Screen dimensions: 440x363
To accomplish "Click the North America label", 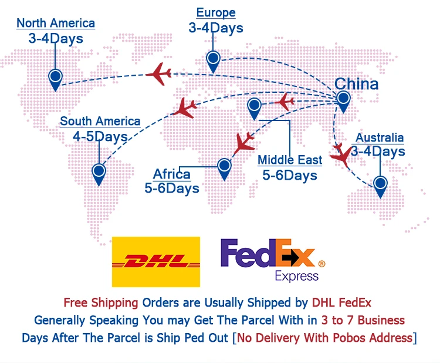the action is [x=56, y=23].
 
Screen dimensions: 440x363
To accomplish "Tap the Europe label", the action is [x=216, y=12].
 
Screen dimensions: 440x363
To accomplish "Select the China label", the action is [x=356, y=83].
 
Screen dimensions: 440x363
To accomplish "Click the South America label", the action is [x=100, y=122].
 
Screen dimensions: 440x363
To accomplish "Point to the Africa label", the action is [x=171, y=174].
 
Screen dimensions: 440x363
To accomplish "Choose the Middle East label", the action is [x=290, y=160].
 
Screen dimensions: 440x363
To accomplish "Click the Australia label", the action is [x=380, y=138].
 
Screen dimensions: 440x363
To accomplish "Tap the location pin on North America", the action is [x=55, y=78].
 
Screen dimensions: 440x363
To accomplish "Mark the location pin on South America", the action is [x=99, y=173].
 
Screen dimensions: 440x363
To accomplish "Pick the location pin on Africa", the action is [x=224, y=167].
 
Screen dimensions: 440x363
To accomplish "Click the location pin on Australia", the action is [x=381, y=185].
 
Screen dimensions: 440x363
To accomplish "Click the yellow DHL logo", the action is [x=155, y=261].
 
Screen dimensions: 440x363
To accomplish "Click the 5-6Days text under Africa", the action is [x=171, y=189].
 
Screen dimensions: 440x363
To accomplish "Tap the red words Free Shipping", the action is [x=101, y=303].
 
